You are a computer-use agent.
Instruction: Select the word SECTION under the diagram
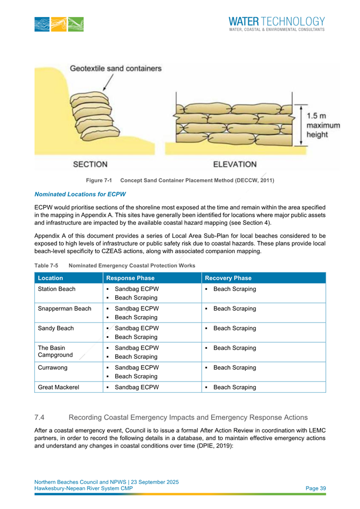(91, 164)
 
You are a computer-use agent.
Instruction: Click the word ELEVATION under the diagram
(235, 164)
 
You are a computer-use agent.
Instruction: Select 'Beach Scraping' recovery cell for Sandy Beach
(235, 329)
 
